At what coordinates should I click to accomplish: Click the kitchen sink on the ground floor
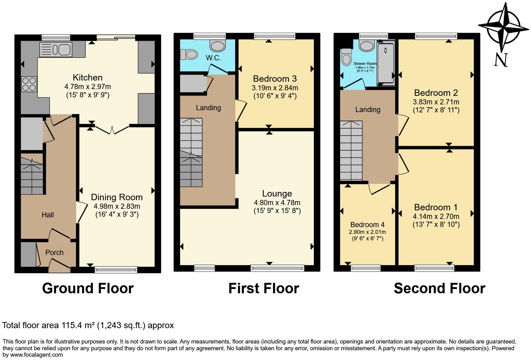(x=56, y=50)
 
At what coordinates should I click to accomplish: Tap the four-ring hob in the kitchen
(x=29, y=84)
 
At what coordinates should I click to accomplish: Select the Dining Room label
(x=117, y=197)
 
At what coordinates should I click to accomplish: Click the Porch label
(x=54, y=253)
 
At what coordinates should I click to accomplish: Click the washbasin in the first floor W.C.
(x=217, y=46)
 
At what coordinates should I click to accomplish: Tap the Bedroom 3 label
(x=275, y=79)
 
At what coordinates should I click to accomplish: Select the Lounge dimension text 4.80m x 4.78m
(x=277, y=203)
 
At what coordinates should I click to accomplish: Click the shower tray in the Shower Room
(x=386, y=63)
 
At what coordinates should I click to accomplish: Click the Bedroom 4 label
(x=367, y=225)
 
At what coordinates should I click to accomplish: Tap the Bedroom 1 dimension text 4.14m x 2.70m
(x=436, y=216)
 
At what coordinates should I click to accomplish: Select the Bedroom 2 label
(x=436, y=93)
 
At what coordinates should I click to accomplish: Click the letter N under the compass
(x=501, y=60)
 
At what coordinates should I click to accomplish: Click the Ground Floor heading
(x=88, y=288)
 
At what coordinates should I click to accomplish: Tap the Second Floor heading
(x=439, y=288)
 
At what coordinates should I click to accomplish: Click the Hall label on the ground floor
(x=48, y=215)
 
